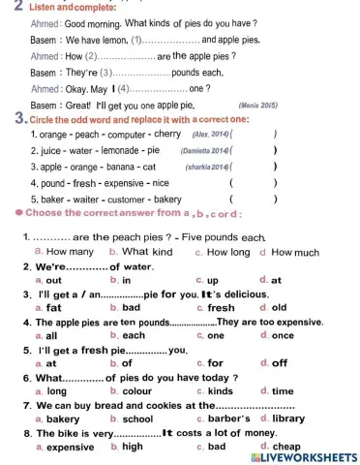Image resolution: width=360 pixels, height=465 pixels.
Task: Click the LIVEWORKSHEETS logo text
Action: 306,456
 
